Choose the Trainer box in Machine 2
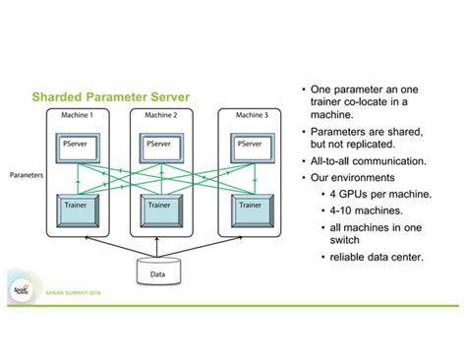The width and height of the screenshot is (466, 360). (x=159, y=210)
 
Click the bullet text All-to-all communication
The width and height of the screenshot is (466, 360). (x=369, y=160)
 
